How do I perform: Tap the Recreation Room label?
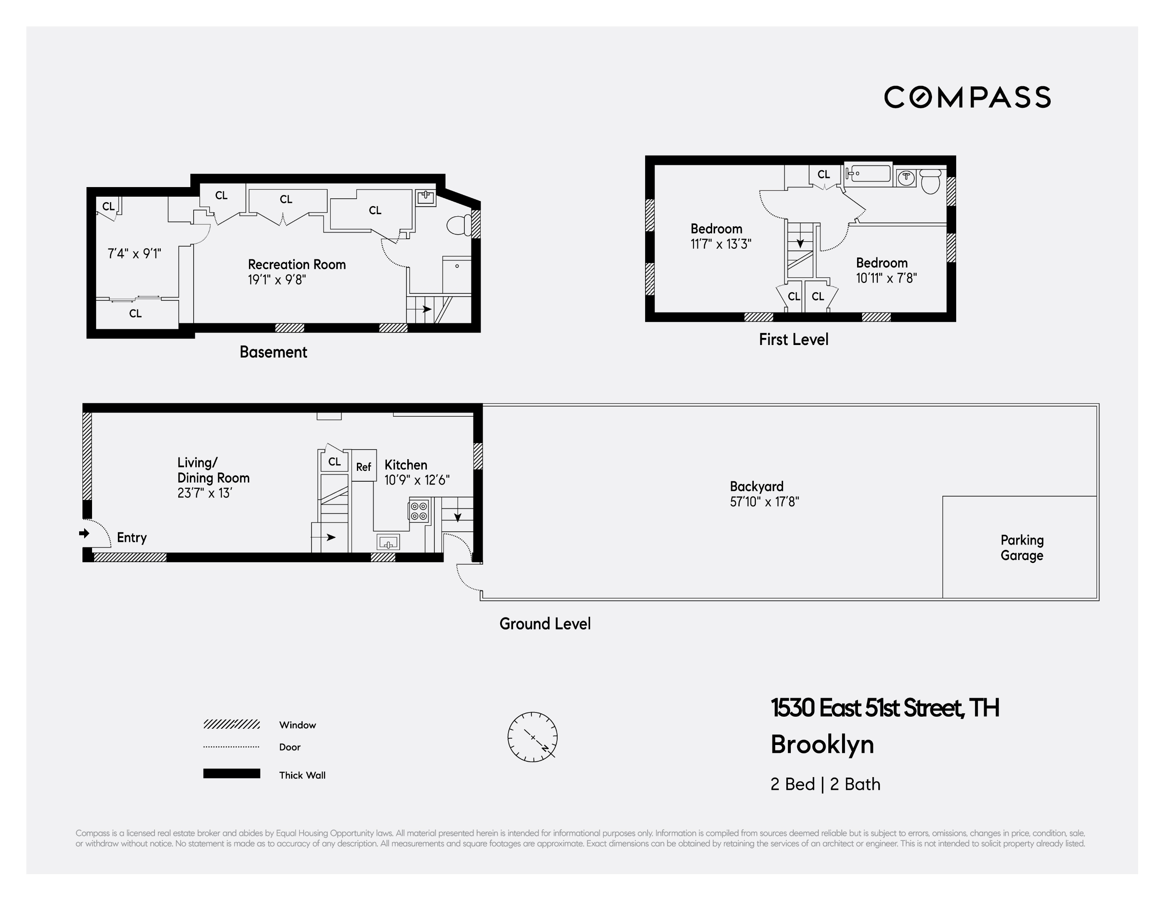point(297,265)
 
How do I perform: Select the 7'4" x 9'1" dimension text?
point(134,254)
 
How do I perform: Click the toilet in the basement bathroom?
point(457,225)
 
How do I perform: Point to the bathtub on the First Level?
point(869,174)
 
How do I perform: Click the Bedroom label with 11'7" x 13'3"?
point(716,229)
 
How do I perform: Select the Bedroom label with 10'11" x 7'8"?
point(882,263)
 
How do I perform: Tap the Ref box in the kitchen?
point(364,467)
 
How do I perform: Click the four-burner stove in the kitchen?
point(419,510)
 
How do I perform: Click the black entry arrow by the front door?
point(84,533)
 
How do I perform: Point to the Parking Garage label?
point(1021,547)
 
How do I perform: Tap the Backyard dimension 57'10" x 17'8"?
point(764,502)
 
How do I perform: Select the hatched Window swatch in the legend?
point(231,724)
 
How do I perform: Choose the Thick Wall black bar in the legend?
point(231,774)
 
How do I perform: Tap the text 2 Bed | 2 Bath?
point(825,784)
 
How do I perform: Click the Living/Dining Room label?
point(213,470)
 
